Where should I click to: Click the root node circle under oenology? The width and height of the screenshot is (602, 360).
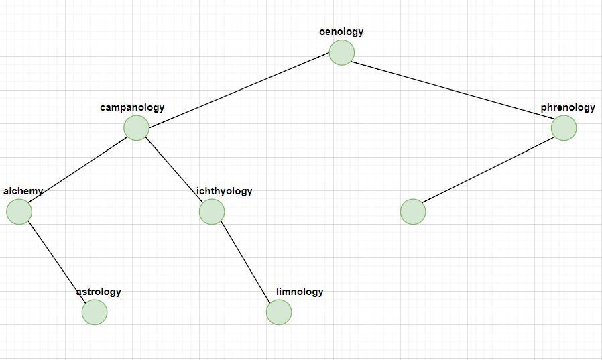pos(341,52)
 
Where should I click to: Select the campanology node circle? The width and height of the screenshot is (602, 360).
pos(136,128)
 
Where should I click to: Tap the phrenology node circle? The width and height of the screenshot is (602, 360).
pos(564,128)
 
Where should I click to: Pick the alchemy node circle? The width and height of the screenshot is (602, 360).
pos(19,212)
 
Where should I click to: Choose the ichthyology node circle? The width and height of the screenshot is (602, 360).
pos(212,212)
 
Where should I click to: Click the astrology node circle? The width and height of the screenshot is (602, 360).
pos(95,312)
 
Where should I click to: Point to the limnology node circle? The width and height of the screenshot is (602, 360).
pos(279,312)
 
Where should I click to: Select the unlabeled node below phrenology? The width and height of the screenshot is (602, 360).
pos(413,212)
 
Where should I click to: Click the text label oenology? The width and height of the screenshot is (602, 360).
pos(341,32)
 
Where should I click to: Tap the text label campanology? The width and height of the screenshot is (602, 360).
pos(132,107)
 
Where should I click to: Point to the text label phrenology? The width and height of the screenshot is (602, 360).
pos(568,107)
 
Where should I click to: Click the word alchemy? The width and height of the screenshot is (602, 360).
pos(23,191)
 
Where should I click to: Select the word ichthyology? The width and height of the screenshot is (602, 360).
pos(225,191)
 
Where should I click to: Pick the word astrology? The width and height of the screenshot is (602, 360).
pos(99,292)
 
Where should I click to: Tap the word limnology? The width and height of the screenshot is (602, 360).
pos(300,292)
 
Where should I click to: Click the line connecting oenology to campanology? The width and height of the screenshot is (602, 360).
pos(239,90)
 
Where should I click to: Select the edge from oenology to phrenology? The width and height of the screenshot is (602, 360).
pos(453,91)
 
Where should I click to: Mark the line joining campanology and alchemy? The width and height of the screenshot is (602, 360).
pos(78,170)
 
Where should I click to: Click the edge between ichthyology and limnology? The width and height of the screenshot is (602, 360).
pos(245,261)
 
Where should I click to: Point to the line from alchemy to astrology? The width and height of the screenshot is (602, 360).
pos(57,262)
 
